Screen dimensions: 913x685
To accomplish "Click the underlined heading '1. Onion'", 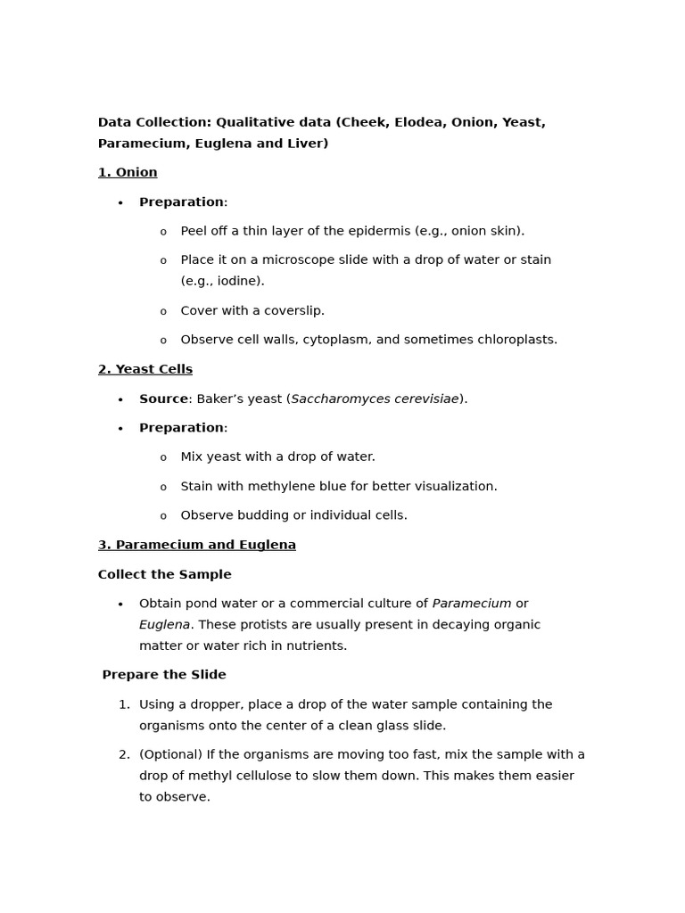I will (x=128, y=173).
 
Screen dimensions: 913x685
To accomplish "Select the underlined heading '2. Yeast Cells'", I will (x=145, y=369).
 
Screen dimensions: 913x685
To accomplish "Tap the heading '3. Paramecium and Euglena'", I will (x=197, y=545).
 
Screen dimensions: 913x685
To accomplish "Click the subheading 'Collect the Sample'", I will (x=165, y=575).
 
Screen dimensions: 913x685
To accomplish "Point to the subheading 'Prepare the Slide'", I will (x=164, y=675).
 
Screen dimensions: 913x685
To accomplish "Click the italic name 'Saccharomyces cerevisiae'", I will (x=375, y=399).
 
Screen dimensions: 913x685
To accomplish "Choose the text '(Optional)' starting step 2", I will (x=170, y=755).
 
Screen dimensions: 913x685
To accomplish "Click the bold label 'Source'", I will (x=163, y=399).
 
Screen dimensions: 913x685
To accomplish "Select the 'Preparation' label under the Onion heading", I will (x=182, y=202).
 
